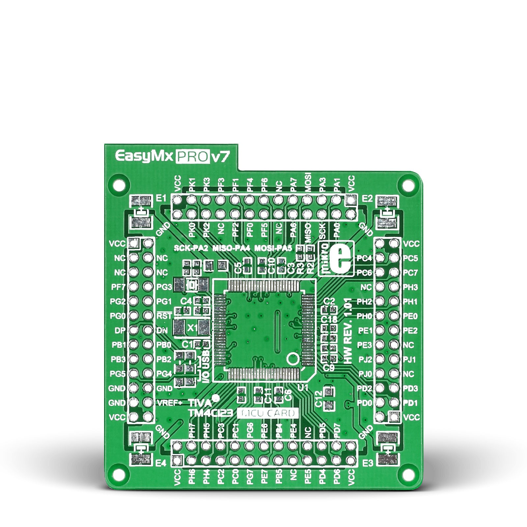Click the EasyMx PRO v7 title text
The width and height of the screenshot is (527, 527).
click(x=171, y=157)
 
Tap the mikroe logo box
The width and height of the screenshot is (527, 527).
click(x=337, y=258)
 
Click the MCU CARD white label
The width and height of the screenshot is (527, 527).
click(x=267, y=413)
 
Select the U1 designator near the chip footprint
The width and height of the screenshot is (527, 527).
click(x=302, y=388)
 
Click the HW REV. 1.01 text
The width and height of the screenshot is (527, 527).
click(x=348, y=331)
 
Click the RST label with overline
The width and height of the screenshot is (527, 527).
click(x=164, y=316)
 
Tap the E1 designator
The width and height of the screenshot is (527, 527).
click(x=161, y=198)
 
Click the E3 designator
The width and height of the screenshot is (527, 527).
click(x=368, y=463)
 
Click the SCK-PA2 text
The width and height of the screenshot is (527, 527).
click(x=191, y=248)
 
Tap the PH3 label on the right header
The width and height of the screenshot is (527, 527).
click(x=410, y=287)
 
